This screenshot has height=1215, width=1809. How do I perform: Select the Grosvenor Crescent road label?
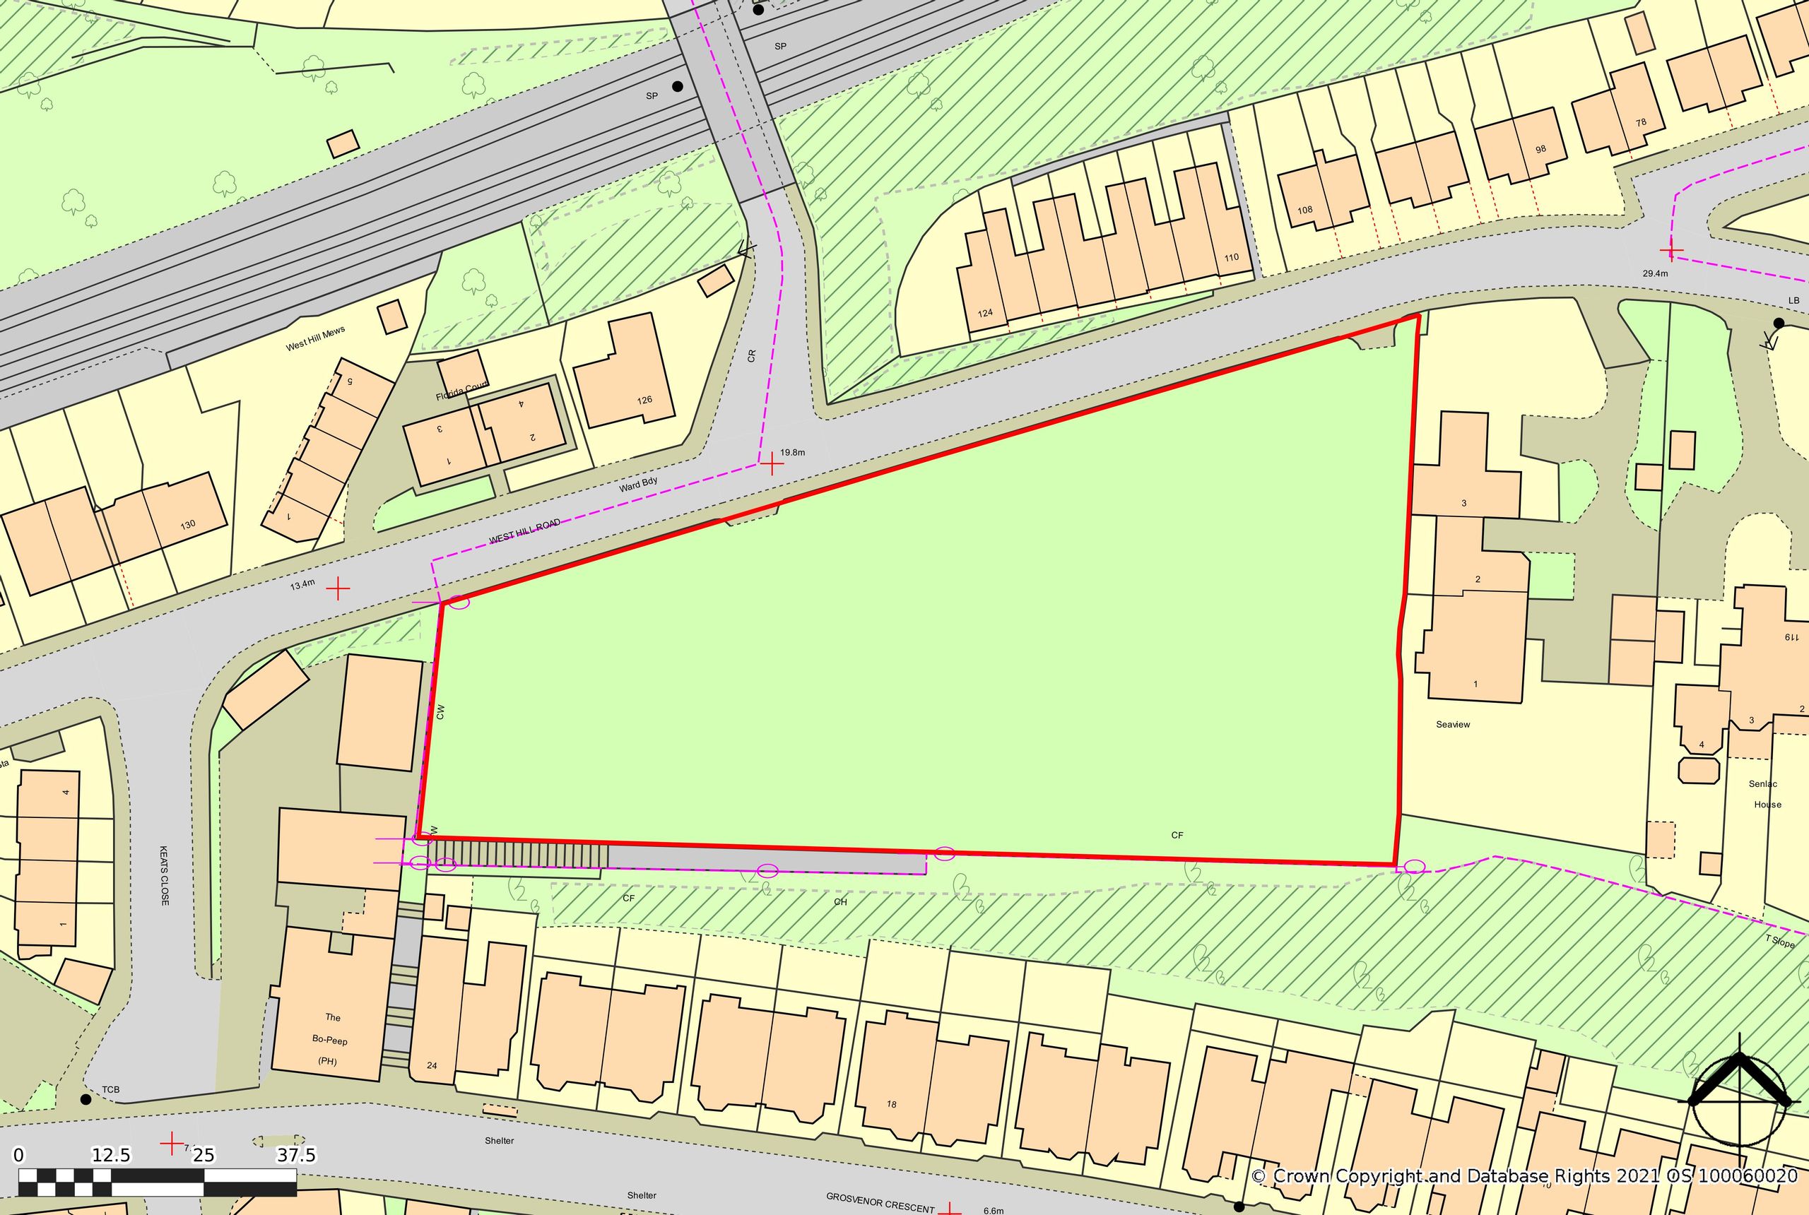coord(880,1202)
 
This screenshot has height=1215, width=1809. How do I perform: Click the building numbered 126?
coord(644,400)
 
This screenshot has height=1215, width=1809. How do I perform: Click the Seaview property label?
coord(1452,725)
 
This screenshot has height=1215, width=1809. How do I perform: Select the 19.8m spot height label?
coord(792,452)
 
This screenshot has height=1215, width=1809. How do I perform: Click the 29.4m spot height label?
coord(1655,273)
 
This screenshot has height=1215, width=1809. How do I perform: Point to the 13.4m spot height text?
coord(302,584)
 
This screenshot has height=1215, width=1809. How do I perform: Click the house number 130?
coord(187,525)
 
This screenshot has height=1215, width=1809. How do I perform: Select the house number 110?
coord(1231,257)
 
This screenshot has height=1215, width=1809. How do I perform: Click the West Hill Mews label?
coord(314,338)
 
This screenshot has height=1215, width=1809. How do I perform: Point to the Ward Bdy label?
coord(638,485)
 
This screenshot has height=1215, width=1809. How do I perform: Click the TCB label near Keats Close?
coord(110,1089)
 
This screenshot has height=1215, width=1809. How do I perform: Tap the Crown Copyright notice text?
coord(1524,1175)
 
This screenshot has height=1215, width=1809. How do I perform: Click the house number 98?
coord(1540,149)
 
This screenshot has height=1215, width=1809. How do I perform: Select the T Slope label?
coord(1779,941)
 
